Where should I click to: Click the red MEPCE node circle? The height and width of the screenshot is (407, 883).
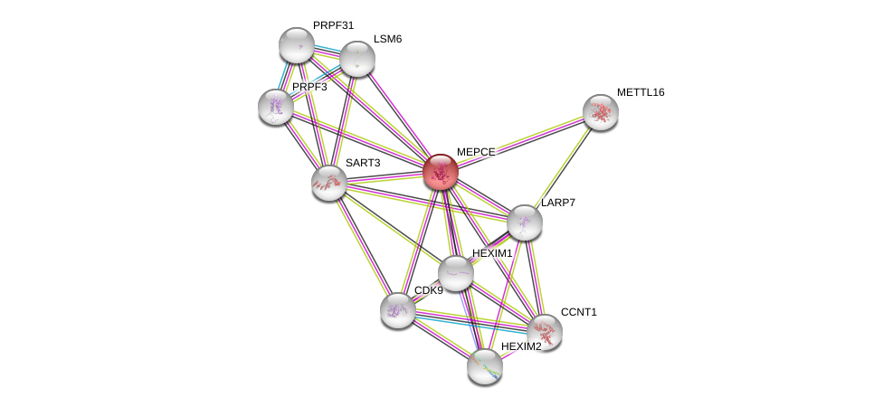pos(441,172)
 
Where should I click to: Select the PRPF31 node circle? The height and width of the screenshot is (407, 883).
pos(296,45)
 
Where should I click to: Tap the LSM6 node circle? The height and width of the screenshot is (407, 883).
pos(357,59)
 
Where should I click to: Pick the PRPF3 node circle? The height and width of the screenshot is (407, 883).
pos(276,107)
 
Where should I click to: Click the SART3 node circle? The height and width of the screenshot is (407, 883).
pos(329,183)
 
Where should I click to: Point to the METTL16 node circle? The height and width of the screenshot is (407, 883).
pos(601,112)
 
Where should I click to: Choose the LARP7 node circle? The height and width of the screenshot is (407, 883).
pos(524,222)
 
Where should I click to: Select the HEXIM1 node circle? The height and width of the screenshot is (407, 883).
pos(456,273)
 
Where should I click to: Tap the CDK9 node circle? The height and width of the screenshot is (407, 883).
pos(398,310)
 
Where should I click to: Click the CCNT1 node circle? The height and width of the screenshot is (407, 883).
pos(545,332)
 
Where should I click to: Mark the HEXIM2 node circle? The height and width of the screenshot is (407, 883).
pos(485,366)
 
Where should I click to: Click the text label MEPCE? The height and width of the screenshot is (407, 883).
pos(475,152)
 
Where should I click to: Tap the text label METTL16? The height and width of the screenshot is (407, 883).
pos(641,92)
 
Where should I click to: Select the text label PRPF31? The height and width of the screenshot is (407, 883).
pos(333,25)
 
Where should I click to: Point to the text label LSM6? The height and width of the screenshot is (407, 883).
pos(387,39)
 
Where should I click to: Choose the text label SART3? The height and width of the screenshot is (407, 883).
pos(363,163)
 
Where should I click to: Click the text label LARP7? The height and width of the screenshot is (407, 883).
pos(558,203)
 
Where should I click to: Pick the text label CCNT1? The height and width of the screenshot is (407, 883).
pos(578,312)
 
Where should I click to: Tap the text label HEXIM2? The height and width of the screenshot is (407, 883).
pos(521,346)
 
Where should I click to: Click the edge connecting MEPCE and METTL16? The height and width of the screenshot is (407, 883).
pos(520,142)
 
